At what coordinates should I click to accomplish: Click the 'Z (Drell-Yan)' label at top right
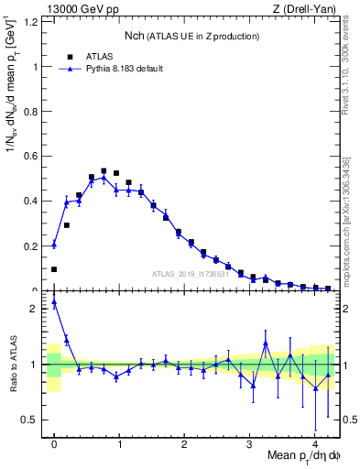tap(310, 8)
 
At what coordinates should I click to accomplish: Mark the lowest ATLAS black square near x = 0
tap(54, 269)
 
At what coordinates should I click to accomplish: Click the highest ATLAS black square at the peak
tap(104, 171)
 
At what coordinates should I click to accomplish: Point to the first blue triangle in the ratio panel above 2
tap(54, 301)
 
